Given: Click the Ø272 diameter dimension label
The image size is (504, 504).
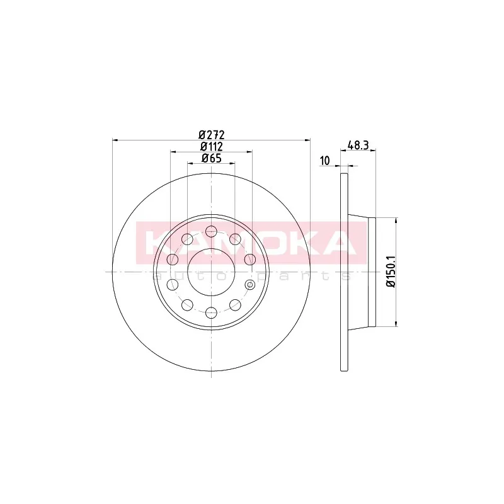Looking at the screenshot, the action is coord(211,134).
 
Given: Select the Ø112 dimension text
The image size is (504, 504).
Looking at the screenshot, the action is coord(211,147).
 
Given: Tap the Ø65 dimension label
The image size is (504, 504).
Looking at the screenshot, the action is coord(211,158).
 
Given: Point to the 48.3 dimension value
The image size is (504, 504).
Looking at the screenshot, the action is coord(358,146).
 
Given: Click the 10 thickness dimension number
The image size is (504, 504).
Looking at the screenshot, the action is coord(325,161).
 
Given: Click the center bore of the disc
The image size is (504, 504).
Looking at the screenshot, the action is coord(211,272).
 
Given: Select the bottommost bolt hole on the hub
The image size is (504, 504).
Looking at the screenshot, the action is coord(211,312).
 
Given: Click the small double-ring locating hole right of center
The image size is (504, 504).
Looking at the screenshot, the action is coord(249,285).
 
